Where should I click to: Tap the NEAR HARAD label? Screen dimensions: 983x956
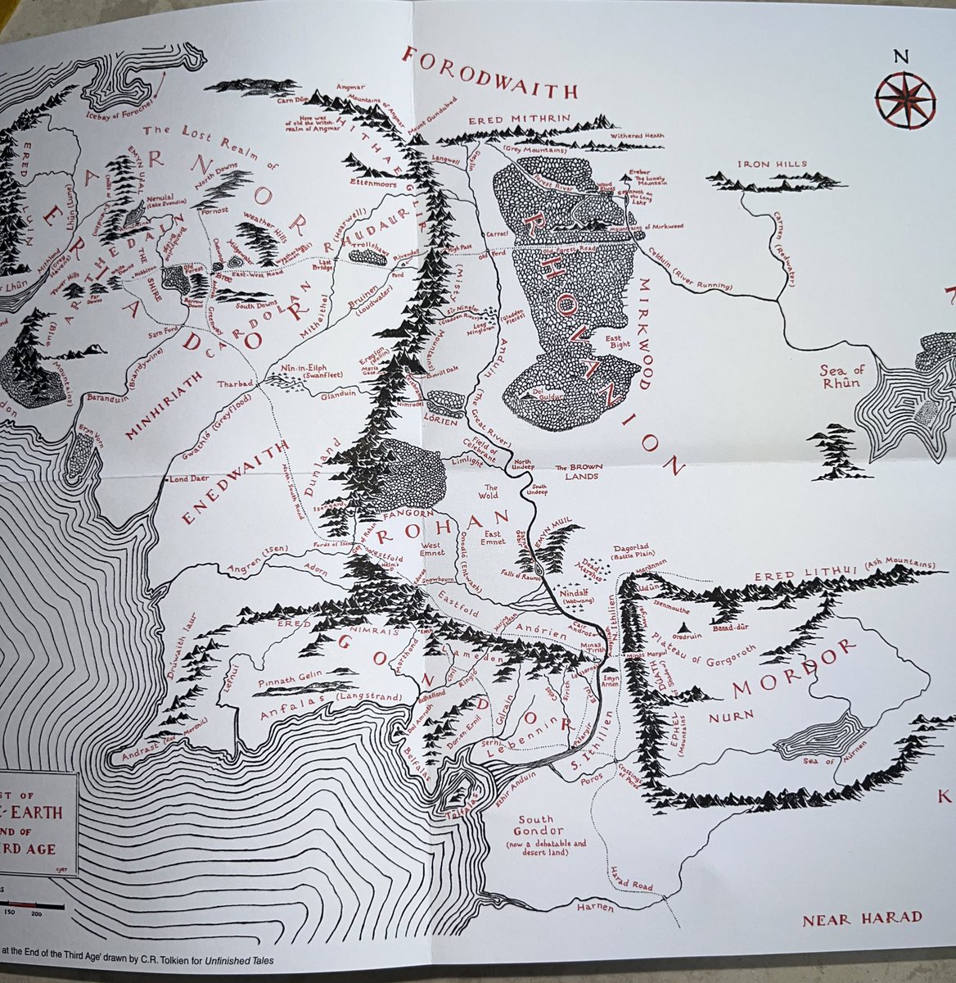[861, 917]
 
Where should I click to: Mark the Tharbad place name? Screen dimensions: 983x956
[235, 383]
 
